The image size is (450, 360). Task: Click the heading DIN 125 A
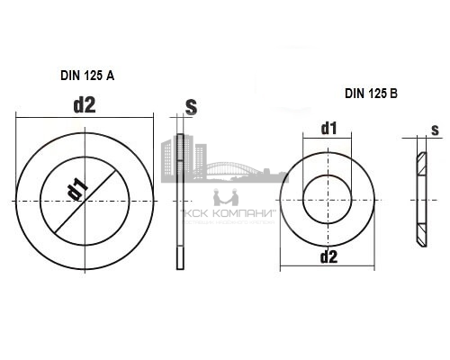(80, 77)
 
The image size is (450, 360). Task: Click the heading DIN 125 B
(370, 94)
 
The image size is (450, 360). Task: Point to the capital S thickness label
(191, 106)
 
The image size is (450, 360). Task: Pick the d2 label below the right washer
(328, 257)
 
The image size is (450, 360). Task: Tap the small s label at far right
(436, 130)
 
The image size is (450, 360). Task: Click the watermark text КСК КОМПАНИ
(226, 215)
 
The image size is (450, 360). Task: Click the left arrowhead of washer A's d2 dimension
(20, 114)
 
